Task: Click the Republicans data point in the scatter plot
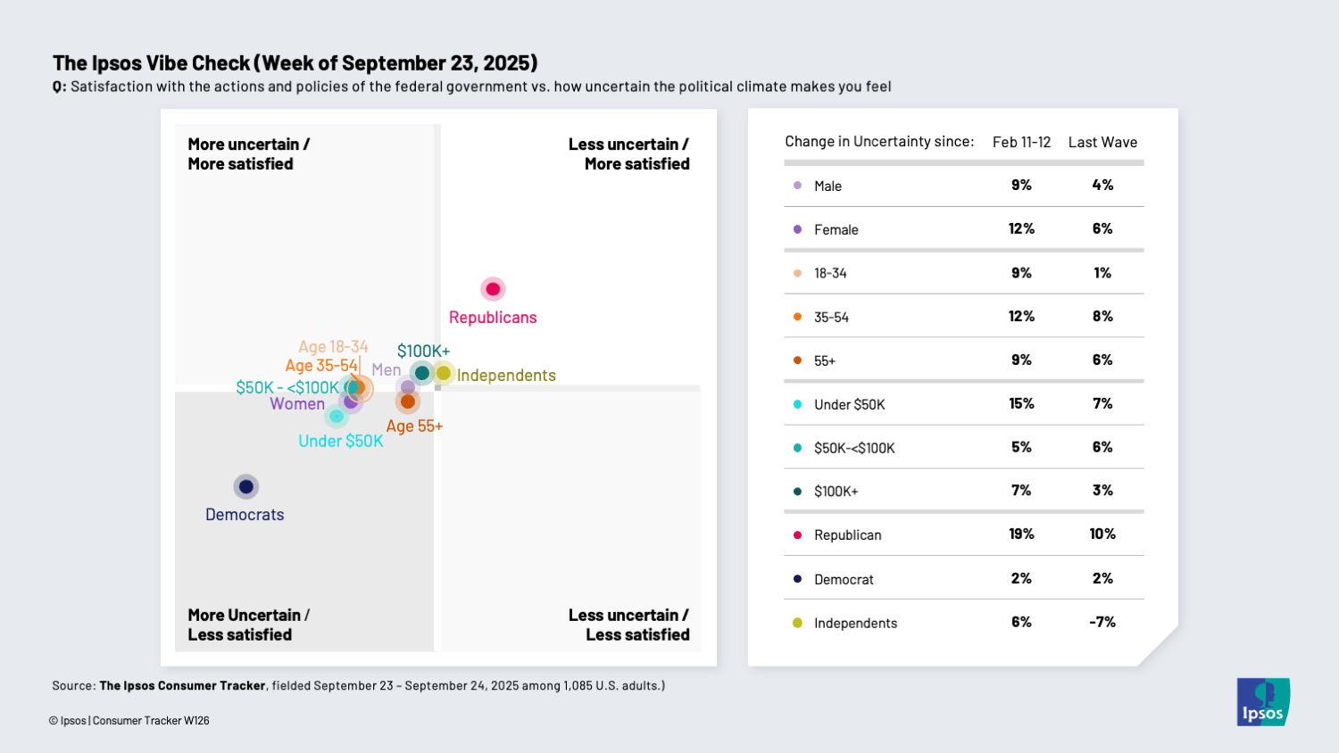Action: (x=493, y=289)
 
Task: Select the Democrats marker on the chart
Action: (x=245, y=486)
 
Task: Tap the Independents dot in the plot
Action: (x=443, y=373)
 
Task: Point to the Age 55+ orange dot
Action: (x=408, y=401)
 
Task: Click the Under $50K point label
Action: (x=340, y=441)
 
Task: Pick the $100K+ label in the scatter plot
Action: (x=423, y=351)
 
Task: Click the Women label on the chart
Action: (x=297, y=404)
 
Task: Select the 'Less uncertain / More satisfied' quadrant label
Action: (x=629, y=154)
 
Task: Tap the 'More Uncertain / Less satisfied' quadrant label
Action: (x=248, y=625)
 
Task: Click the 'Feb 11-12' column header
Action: (x=1021, y=142)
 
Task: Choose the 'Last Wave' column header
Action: (x=1102, y=142)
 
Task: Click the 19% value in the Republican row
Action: (x=1021, y=534)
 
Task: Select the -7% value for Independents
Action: (x=1102, y=622)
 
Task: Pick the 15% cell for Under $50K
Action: (x=1021, y=403)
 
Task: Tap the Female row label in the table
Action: (x=836, y=229)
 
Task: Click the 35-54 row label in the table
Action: (x=831, y=317)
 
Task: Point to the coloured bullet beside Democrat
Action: (x=797, y=579)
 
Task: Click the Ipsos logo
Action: (x=1262, y=701)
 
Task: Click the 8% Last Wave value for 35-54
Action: (x=1102, y=316)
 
